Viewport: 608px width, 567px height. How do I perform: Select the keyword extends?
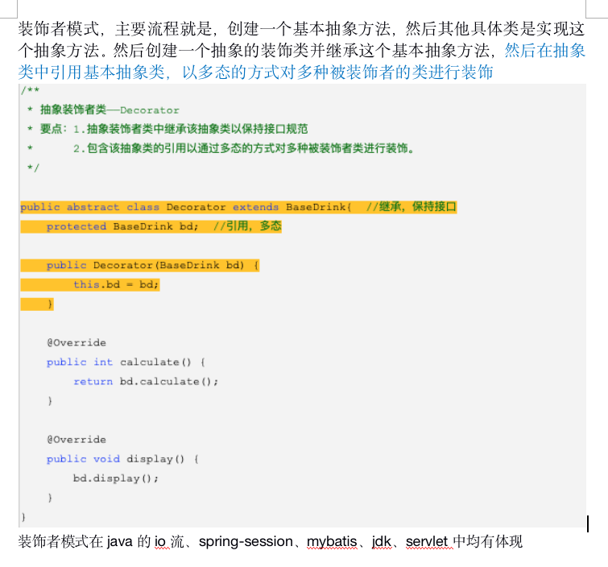pos(255,207)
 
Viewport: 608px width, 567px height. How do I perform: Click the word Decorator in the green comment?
pos(150,110)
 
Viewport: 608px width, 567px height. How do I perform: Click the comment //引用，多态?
pos(247,226)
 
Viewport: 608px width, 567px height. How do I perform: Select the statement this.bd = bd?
pos(116,284)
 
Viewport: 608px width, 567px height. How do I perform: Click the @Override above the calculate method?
pos(76,342)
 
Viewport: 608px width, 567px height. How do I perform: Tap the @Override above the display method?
pos(76,439)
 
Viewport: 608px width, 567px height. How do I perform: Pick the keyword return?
pos(93,381)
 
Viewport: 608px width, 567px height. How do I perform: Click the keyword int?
pos(103,362)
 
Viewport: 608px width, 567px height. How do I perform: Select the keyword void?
pos(106,458)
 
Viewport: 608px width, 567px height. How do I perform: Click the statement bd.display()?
pos(116,478)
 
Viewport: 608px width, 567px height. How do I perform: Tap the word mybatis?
pos(331,541)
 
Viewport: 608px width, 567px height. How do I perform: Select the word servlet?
pos(428,541)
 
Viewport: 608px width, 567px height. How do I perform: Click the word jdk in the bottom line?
pos(381,541)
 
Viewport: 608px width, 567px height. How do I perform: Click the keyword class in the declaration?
pos(143,207)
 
